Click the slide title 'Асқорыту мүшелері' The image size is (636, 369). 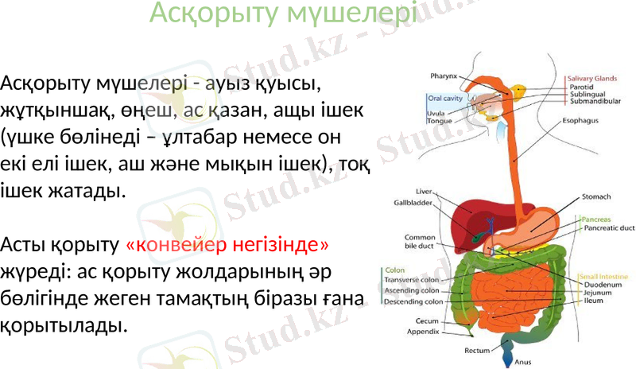tap(282, 14)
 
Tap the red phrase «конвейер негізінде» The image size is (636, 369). tap(227, 243)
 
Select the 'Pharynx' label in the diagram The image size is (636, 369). tap(444, 76)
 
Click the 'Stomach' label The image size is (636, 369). tap(596, 196)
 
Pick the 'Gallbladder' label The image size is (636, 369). tap(413, 203)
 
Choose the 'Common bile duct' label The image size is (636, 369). tap(419, 242)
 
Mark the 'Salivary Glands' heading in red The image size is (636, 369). tap(591, 79)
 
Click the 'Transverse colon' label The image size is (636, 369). tap(413, 280)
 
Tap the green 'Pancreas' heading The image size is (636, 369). tap(595, 219)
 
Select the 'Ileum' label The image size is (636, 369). tap(593, 301)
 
